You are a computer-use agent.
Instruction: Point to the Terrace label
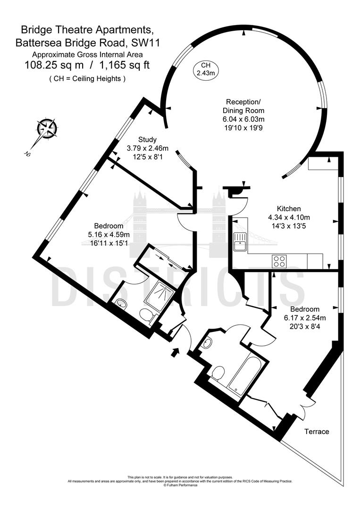coord(316,432)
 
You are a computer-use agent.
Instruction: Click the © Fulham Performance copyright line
coord(180,485)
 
